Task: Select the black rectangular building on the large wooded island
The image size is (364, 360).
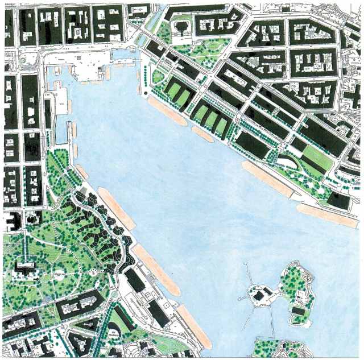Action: (x=297, y=311)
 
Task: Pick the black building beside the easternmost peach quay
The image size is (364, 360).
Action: (x=337, y=200)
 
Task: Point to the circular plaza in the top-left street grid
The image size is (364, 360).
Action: (x=24, y=59)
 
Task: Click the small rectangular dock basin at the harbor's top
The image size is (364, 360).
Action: (x=122, y=56)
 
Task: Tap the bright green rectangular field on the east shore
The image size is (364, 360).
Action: (x=317, y=158)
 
